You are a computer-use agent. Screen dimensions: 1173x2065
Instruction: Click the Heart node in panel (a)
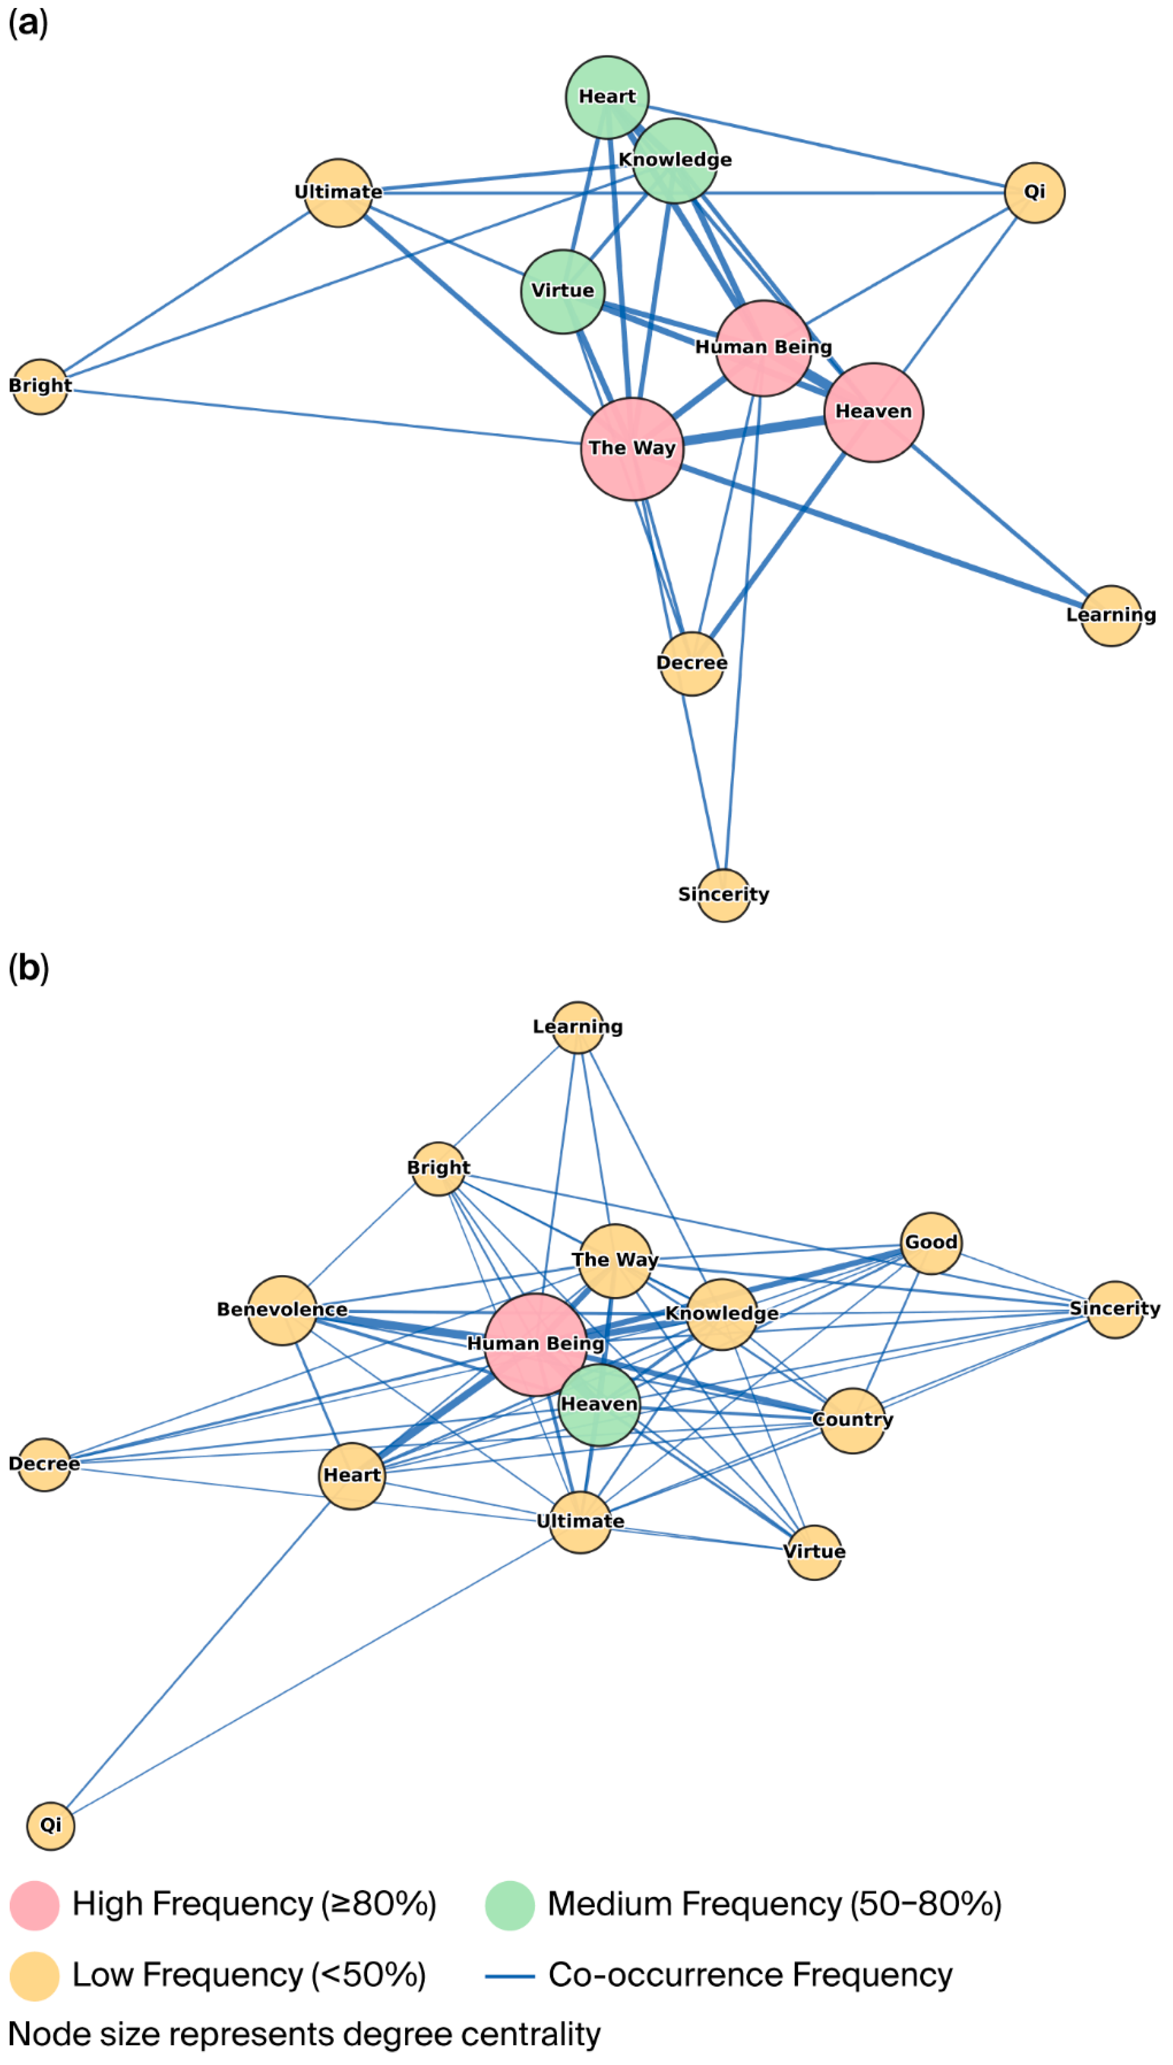click(608, 97)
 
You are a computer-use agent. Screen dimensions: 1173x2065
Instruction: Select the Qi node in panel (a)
click(1034, 192)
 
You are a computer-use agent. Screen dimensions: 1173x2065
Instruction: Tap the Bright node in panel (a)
click(40, 386)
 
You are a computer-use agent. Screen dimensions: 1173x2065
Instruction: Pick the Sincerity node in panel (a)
click(723, 895)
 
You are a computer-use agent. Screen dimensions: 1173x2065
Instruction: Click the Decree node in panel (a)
click(691, 663)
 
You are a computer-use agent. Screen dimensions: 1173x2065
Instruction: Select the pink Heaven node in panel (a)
click(873, 412)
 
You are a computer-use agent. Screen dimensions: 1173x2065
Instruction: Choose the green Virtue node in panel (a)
click(563, 291)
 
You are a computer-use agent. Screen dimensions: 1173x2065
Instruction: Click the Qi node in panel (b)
click(51, 1826)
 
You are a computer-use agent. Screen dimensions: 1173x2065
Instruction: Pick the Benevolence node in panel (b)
click(282, 1310)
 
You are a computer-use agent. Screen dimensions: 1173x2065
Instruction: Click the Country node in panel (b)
click(852, 1420)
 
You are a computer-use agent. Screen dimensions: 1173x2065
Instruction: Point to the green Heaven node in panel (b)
click(599, 1404)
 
